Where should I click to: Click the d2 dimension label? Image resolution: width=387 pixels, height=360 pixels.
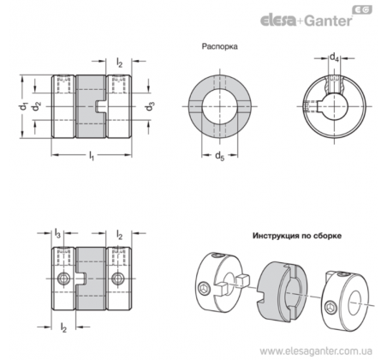click(x=36, y=106)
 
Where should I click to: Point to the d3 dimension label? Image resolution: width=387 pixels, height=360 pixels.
click(x=150, y=106)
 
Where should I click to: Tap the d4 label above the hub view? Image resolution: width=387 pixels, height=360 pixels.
click(x=334, y=57)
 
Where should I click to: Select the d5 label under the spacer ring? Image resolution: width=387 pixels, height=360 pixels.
click(x=219, y=156)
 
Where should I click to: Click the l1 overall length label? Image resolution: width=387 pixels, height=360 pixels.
click(x=92, y=156)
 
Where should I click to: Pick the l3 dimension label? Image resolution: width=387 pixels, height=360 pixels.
click(x=57, y=233)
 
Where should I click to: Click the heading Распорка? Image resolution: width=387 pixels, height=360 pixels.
click(x=219, y=46)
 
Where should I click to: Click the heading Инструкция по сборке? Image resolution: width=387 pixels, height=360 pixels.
click(x=297, y=236)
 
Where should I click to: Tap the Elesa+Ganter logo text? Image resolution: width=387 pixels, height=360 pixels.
click(x=307, y=21)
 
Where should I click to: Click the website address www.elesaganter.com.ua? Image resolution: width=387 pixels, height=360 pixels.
click(x=316, y=351)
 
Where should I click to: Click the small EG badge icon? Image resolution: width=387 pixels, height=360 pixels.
click(x=362, y=10)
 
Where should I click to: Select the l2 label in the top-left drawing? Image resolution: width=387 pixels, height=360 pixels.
click(x=119, y=62)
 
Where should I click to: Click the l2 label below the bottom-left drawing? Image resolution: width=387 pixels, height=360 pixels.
click(x=63, y=327)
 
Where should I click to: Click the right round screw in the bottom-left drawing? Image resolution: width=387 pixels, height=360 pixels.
click(x=117, y=279)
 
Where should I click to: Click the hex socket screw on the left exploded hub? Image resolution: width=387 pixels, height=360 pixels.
click(x=205, y=289)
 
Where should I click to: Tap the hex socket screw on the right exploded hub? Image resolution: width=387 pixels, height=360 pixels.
click(x=332, y=308)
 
